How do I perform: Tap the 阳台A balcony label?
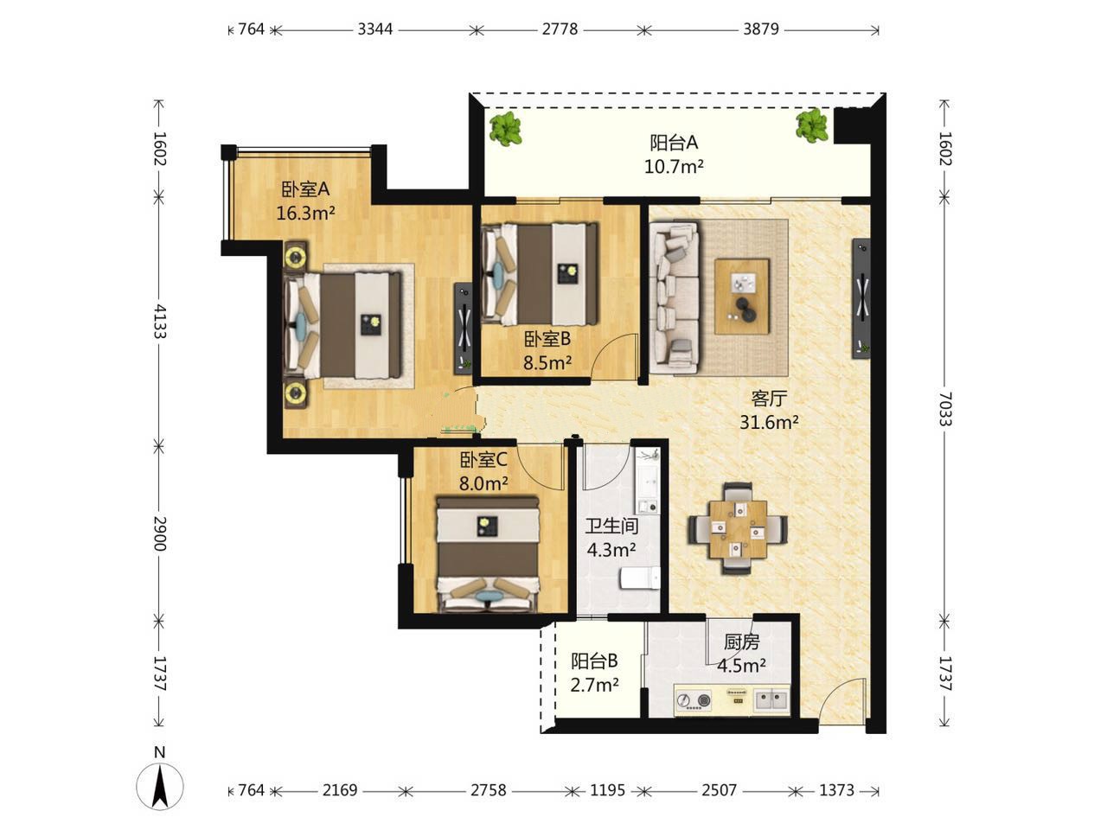point(673,144)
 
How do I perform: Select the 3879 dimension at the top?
point(761,29)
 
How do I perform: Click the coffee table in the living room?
point(742,296)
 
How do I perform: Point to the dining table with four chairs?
point(738,528)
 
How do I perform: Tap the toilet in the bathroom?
point(640,578)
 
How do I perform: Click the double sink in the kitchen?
point(771,700)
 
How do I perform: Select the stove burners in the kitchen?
point(693,700)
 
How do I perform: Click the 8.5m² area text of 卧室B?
point(547,362)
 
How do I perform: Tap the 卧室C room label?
point(483,459)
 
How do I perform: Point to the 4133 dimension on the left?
point(160,321)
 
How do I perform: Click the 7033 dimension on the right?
point(944,409)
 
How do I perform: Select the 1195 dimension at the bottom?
point(607,790)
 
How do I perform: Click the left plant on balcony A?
point(505,129)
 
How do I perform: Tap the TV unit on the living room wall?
point(861,299)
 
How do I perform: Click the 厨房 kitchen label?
point(741,642)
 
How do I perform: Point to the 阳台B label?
point(594,661)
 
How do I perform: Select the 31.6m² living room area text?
point(769,422)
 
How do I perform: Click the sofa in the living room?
point(675,298)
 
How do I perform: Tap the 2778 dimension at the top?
point(560,29)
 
